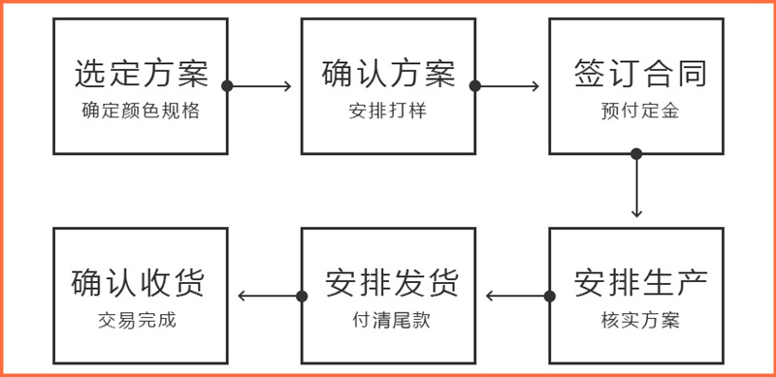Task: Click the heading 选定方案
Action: (142, 74)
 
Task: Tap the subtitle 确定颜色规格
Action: (142, 110)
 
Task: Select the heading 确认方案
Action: (388, 74)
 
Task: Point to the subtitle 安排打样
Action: (388, 110)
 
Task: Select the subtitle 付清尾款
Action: (389, 321)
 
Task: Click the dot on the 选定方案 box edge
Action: (227, 86)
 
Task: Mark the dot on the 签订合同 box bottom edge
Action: (636, 153)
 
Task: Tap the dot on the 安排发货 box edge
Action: (302, 296)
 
